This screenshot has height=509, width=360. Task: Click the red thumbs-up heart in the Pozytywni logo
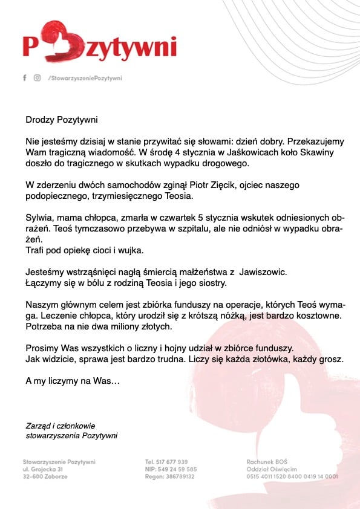(x=57, y=41)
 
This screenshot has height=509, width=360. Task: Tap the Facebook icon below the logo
(x=25, y=78)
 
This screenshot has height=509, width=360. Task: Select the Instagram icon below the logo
(x=37, y=78)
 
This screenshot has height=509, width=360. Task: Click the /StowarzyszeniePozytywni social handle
(x=85, y=78)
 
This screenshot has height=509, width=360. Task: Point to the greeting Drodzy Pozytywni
(x=62, y=120)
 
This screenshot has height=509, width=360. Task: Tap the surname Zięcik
(x=218, y=185)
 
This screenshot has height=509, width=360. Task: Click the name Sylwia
(x=39, y=218)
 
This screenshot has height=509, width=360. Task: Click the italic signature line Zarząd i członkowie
(x=61, y=426)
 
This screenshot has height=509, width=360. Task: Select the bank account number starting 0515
(x=292, y=477)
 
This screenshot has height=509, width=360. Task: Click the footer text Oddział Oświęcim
(x=272, y=470)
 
